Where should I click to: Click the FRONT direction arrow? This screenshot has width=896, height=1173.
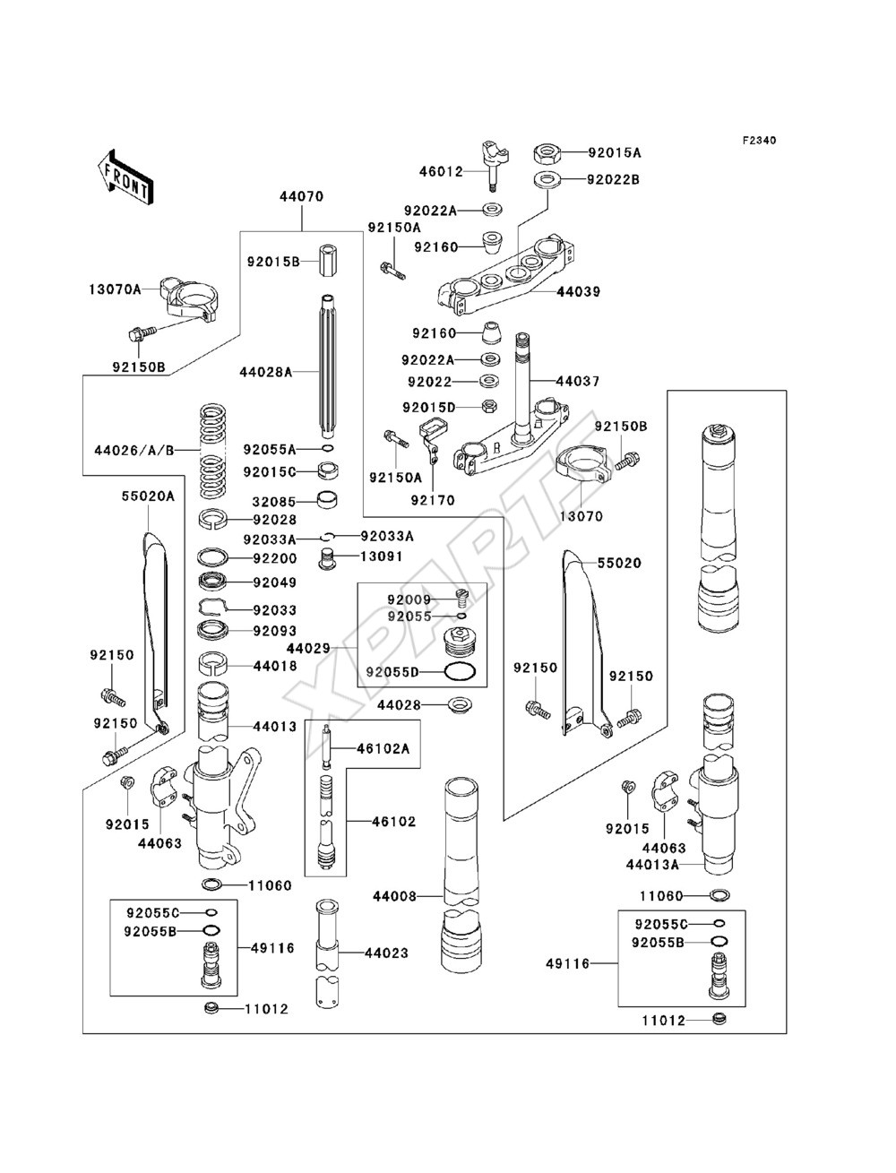pos(125,177)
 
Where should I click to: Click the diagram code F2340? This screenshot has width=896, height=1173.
pos(759,141)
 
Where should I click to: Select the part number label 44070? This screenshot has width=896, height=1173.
pos(301,196)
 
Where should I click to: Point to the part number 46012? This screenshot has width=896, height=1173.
pos(441,172)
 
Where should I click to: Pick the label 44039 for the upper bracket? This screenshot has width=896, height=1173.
pos(579,292)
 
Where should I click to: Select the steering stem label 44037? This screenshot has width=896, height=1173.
pos(578,382)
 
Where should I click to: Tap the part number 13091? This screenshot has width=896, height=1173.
pos(382,556)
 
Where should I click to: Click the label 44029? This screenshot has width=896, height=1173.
pos(308,649)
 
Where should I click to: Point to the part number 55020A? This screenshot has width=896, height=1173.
pos(148,496)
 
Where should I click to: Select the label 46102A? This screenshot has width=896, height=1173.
pos(383,748)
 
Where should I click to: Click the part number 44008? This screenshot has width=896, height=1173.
pos(394,896)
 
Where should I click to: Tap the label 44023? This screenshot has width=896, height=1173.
pos(387,953)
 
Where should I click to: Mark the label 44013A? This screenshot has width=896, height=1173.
pos(652,864)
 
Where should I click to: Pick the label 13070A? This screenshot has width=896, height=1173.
pos(115,289)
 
